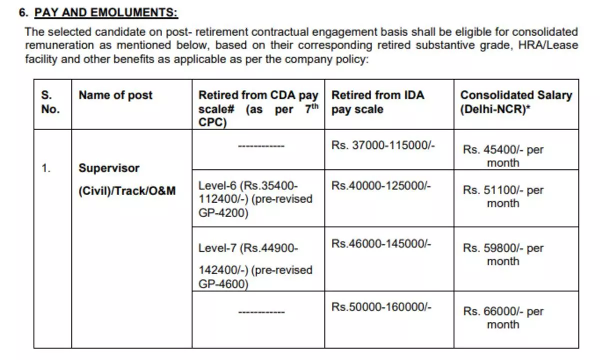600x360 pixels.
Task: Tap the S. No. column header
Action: coord(50,102)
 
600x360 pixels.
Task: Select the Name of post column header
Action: coord(115,95)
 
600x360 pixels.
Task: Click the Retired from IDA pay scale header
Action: coord(378,102)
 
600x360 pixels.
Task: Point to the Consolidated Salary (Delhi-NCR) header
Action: coord(515,102)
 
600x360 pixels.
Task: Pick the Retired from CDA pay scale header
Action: coord(258,109)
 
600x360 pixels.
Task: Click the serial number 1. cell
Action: coord(46,168)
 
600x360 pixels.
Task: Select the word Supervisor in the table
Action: coord(108,168)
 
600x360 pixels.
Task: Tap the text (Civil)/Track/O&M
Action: coord(127,190)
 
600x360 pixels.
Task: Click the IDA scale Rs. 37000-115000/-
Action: coord(383,145)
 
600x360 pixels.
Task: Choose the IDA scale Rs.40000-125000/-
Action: coord(380,185)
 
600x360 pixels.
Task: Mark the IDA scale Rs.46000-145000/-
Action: coord(380,243)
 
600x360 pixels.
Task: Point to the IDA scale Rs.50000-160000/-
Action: coord(380,306)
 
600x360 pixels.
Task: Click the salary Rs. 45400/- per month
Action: coord(503,156)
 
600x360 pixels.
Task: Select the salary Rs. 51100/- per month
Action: coord(503,196)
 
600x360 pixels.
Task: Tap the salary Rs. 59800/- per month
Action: coord(503,254)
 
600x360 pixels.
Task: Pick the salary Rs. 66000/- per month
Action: coord(503,317)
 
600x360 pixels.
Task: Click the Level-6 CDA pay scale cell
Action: coord(255,199)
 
